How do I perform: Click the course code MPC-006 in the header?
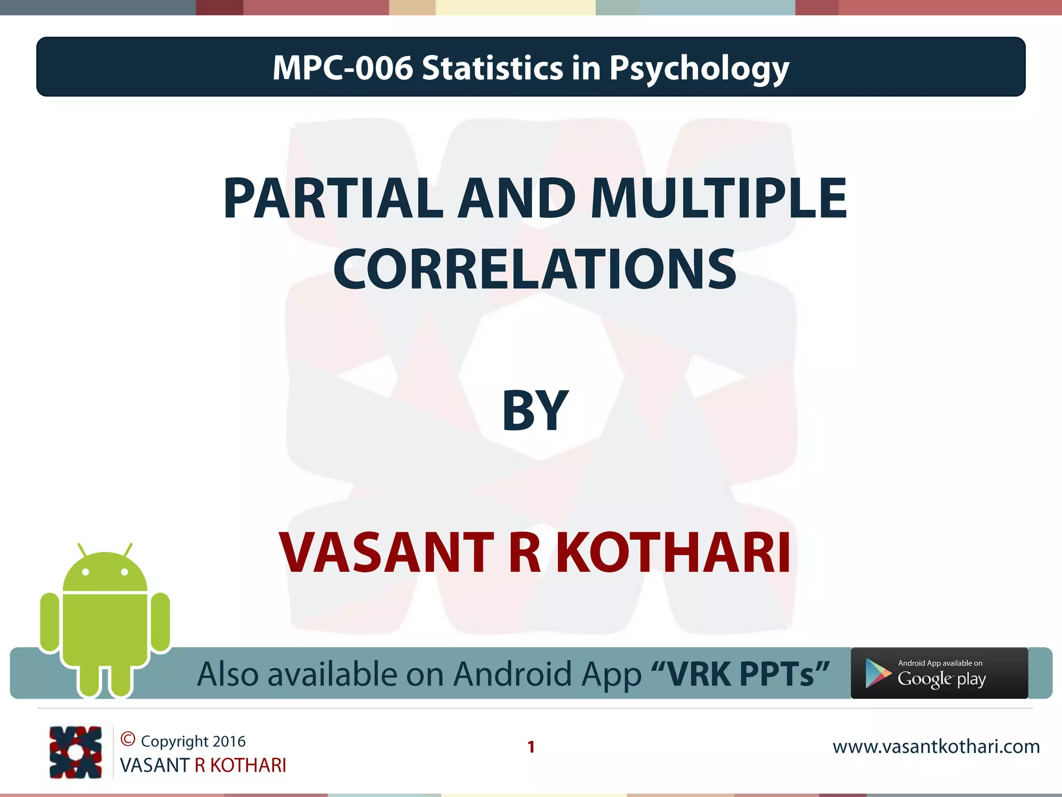[x=342, y=68]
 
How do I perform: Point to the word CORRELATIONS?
[x=535, y=269]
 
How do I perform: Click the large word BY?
[x=535, y=411]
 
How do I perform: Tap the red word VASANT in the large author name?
[x=386, y=553]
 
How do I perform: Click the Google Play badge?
[x=939, y=673]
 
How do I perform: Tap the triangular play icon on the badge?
[x=877, y=674]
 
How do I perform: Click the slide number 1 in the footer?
[x=531, y=747]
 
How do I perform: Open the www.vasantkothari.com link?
[x=936, y=747]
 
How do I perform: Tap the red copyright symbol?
[x=128, y=739]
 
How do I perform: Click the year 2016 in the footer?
[x=229, y=741]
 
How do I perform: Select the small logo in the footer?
[x=76, y=752]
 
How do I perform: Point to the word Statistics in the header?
[x=492, y=68]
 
